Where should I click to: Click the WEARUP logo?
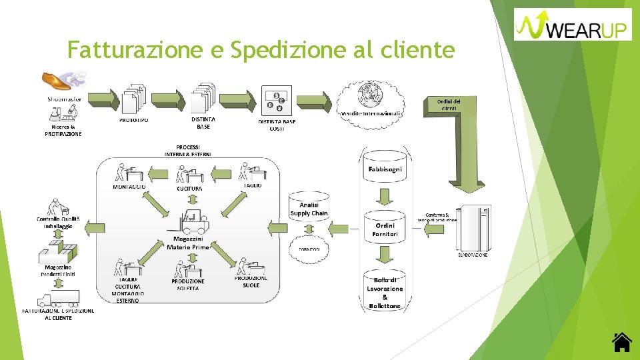coord(573,24)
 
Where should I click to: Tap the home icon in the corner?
coord(621,341)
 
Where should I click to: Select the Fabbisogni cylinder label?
coord(385,169)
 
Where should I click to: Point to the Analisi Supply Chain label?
coord(309,209)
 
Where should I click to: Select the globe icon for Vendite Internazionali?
coord(371,95)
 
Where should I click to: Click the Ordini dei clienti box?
coord(449,104)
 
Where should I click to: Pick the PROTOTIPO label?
coord(134,121)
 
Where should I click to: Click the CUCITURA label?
coord(190,189)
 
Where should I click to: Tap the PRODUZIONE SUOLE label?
coord(251,282)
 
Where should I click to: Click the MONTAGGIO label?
coord(129,187)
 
